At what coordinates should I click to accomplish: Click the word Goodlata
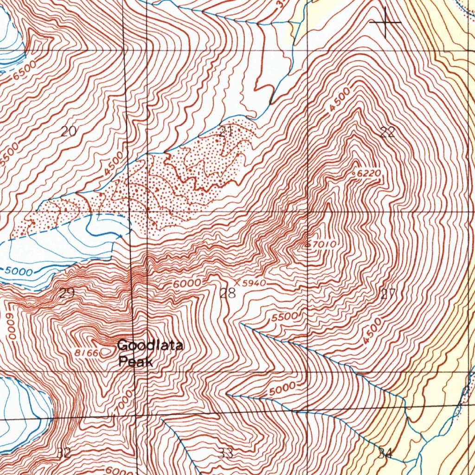pyautogui.click(x=150, y=345)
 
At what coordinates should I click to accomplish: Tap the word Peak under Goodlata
pyautogui.click(x=135, y=361)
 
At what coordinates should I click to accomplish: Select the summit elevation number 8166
pyautogui.click(x=87, y=353)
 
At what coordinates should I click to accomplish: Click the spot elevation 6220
pyautogui.click(x=370, y=173)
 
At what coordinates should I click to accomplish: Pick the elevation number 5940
pyautogui.click(x=255, y=282)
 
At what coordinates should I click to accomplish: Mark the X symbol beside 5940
pyautogui.click(x=237, y=282)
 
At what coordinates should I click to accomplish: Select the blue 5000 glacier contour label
pyautogui.click(x=19, y=271)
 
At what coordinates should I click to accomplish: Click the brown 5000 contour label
pyautogui.click(x=282, y=389)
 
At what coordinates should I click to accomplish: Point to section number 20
pyautogui.click(x=68, y=131)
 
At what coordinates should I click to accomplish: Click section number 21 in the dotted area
pyautogui.click(x=226, y=131)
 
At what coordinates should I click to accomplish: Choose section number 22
pyautogui.click(x=387, y=133)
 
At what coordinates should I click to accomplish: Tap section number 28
pyautogui.click(x=228, y=293)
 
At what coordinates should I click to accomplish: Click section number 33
pyautogui.click(x=226, y=453)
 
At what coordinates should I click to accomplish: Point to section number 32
pyautogui.click(x=64, y=453)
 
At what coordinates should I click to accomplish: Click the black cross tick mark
pyautogui.click(x=385, y=22)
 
